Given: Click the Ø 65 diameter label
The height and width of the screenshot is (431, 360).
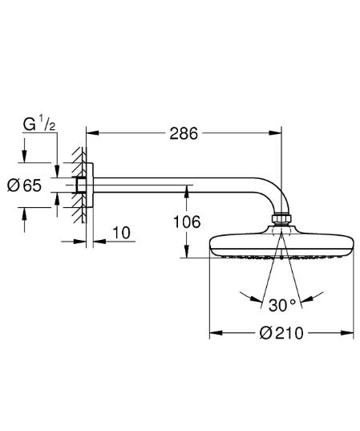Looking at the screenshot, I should (x=25, y=185).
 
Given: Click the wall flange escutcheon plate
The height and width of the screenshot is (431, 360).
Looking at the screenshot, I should (x=90, y=185).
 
